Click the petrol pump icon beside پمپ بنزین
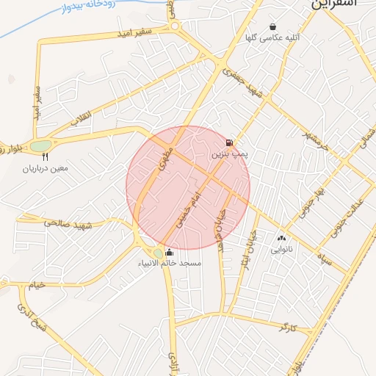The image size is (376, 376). (230, 142)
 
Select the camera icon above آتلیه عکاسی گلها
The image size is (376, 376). (273, 26)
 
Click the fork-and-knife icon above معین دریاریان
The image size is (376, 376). (46, 156)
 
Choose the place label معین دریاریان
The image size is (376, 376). (46, 169)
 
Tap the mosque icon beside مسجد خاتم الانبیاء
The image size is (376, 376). (170, 253)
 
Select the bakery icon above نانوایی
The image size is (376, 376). (281, 238)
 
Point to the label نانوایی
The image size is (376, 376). (281, 250)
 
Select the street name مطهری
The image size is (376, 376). (167, 155)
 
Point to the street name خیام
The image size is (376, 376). (36, 284)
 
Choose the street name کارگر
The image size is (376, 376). (287, 328)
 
